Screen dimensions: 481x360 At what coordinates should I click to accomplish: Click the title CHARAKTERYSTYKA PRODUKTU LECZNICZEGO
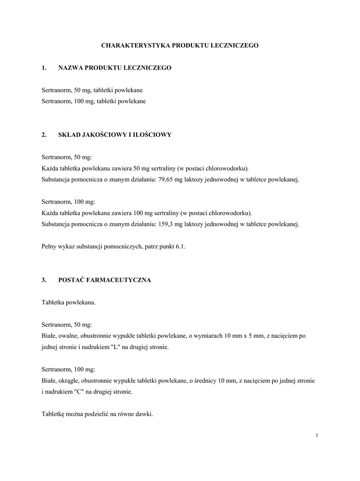[180, 46]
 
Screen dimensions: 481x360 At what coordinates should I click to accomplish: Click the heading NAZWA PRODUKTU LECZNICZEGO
[115, 68]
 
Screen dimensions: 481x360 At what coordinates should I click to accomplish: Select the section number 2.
[44, 135]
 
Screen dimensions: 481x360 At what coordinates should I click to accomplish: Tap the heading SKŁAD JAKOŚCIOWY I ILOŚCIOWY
[115, 135]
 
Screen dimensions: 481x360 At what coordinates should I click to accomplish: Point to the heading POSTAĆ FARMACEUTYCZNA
[105, 280]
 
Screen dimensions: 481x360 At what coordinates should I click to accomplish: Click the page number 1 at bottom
[317, 435]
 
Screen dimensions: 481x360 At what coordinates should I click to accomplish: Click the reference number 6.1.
[181, 246]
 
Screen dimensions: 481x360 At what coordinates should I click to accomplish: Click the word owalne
[68, 336]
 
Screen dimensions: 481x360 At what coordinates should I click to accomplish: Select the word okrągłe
[69, 380]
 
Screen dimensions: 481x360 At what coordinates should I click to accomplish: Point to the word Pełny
[49, 246]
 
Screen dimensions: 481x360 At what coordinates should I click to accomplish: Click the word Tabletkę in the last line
[54, 414]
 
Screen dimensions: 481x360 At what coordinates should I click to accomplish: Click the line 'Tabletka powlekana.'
[69, 303]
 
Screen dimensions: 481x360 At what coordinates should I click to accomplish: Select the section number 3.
[44, 280]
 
